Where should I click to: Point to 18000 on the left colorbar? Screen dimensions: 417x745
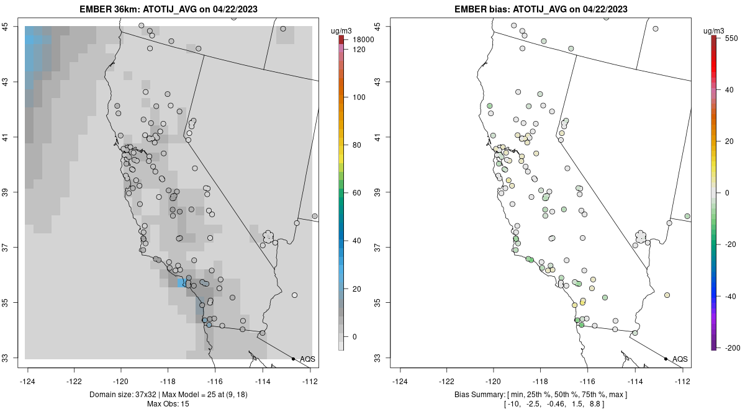click(x=360, y=40)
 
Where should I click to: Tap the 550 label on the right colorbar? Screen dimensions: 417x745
click(x=731, y=38)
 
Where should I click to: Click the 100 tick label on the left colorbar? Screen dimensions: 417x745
click(x=359, y=97)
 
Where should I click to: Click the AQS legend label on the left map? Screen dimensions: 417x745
click(x=307, y=359)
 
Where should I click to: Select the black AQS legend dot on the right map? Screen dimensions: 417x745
click(x=666, y=359)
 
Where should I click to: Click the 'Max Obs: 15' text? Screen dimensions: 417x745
click(x=168, y=404)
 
